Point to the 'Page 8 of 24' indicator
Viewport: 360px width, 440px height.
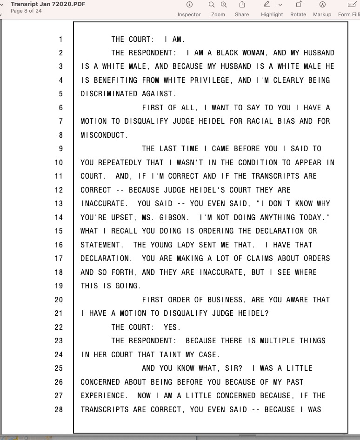coord(26,11)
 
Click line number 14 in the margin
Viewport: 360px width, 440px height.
coord(59,217)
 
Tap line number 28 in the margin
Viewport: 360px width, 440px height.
coord(59,409)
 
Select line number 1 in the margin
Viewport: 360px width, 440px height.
coord(60,39)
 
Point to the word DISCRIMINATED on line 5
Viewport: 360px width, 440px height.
coord(109,94)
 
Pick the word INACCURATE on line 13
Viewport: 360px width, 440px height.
coord(102,204)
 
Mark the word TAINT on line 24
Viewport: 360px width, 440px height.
coord(150,354)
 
